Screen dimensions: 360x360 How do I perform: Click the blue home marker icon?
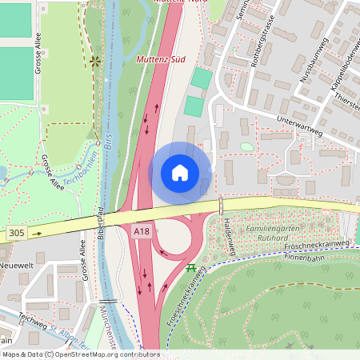coord(180,173)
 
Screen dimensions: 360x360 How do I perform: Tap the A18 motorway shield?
coord(141,231)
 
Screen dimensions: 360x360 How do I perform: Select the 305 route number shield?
coord(15,234)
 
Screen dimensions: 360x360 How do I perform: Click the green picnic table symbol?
coord(191,267)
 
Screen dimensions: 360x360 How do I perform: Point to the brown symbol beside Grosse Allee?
coord(96,60)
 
